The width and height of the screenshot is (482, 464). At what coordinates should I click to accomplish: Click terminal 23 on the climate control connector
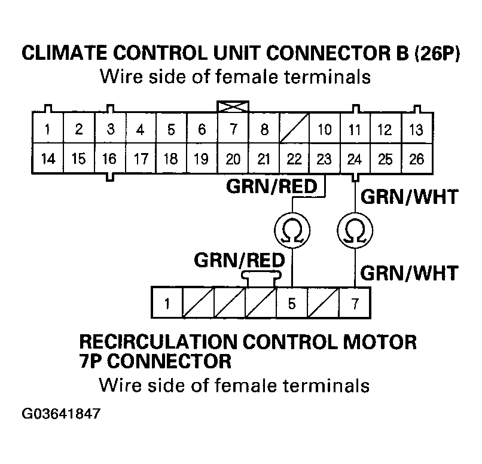click(324, 159)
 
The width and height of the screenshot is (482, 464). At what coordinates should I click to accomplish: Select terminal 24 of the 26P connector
click(355, 159)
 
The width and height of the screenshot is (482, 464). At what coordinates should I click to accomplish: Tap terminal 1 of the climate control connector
click(47, 129)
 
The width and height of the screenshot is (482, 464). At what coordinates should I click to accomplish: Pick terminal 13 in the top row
click(416, 129)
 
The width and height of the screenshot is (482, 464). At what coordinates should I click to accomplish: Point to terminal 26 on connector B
click(416, 159)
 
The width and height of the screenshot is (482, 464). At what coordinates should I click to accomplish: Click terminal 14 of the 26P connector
click(47, 159)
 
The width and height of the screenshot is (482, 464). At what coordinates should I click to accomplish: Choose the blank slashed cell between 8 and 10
click(293, 129)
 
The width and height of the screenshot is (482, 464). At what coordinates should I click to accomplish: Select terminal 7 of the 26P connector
click(232, 129)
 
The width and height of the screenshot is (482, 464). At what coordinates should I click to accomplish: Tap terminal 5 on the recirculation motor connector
click(292, 303)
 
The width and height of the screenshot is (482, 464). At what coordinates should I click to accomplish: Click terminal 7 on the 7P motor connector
click(355, 303)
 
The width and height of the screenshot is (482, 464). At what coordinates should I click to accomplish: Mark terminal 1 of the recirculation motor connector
click(168, 303)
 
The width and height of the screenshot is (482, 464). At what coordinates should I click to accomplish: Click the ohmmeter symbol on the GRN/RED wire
click(291, 229)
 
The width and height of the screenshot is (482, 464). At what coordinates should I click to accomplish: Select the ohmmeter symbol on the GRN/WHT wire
click(355, 229)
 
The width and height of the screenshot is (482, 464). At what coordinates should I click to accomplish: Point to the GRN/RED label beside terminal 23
click(271, 187)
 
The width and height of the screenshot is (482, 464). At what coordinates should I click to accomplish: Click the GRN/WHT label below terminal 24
click(410, 196)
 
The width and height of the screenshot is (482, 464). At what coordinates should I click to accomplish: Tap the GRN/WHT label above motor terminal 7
click(410, 273)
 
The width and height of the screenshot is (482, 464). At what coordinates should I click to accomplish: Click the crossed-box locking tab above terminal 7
click(232, 106)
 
